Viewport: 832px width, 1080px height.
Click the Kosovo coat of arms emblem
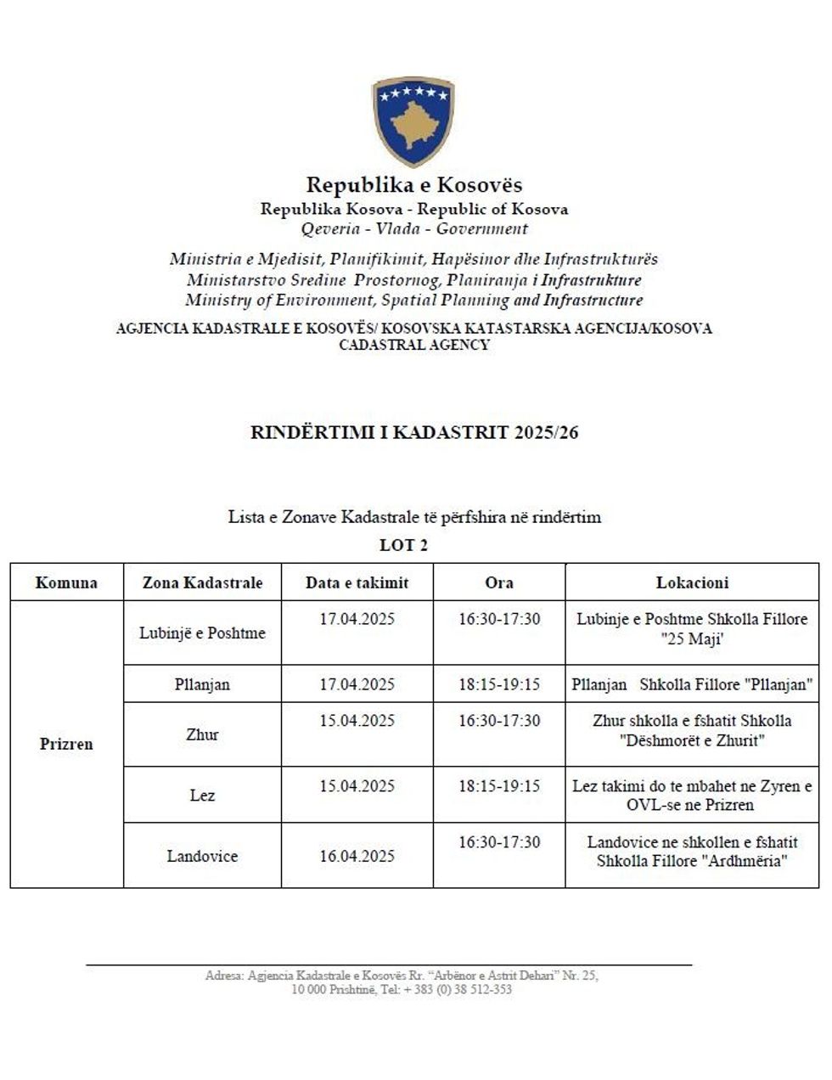pyautogui.click(x=413, y=121)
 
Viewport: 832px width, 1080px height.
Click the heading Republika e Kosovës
pyautogui.click(x=413, y=185)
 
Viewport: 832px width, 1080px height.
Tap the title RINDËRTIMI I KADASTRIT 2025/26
pyautogui.click(x=414, y=433)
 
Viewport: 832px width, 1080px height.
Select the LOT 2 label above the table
pyautogui.click(x=403, y=545)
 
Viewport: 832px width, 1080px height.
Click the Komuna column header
pyautogui.click(x=66, y=583)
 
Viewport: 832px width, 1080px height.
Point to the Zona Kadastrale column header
pyautogui.click(x=202, y=583)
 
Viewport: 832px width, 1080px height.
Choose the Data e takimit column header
pyautogui.click(x=357, y=583)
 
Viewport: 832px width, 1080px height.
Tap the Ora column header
pyautogui.click(x=499, y=583)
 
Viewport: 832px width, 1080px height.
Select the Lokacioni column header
pyautogui.click(x=692, y=583)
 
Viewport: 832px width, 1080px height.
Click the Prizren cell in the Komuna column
pyautogui.click(x=66, y=745)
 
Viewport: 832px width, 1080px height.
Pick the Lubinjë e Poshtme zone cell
pyautogui.click(x=202, y=633)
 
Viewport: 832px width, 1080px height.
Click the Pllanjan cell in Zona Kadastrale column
pyautogui.click(x=202, y=684)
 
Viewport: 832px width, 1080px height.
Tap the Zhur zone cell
pyautogui.click(x=202, y=735)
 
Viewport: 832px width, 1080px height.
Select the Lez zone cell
pyautogui.click(x=202, y=796)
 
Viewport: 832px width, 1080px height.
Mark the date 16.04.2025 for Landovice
pyautogui.click(x=357, y=856)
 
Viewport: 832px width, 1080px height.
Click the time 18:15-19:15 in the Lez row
pyautogui.click(x=499, y=786)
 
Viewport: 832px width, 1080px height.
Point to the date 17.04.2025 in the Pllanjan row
pyautogui.click(x=357, y=684)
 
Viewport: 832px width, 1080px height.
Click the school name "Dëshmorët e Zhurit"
pyautogui.click(x=692, y=740)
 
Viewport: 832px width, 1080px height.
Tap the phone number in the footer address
pyautogui.click(x=458, y=990)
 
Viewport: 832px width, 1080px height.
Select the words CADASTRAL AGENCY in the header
pyautogui.click(x=414, y=346)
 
